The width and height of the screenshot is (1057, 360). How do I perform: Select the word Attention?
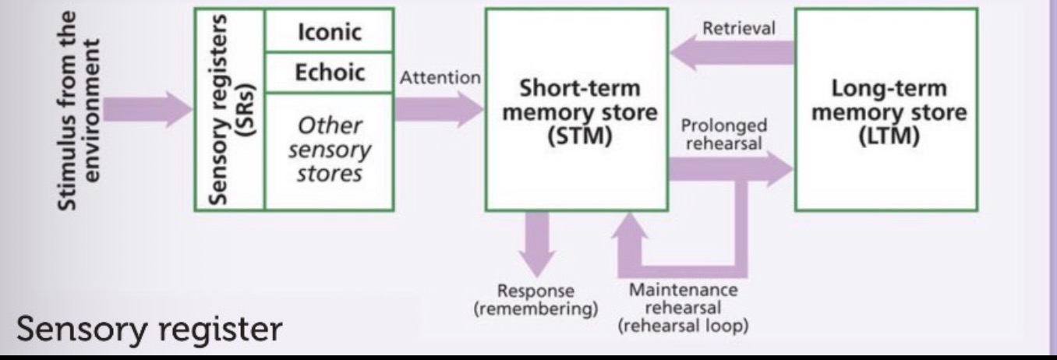pyautogui.click(x=439, y=79)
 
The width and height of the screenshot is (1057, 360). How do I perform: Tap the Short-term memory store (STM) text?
pyautogui.click(x=579, y=113)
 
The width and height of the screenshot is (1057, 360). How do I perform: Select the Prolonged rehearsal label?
pyautogui.click(x=724, y=133)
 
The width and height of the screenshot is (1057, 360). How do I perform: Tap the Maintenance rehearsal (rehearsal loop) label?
pyautogui.click(x=683, y=308)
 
